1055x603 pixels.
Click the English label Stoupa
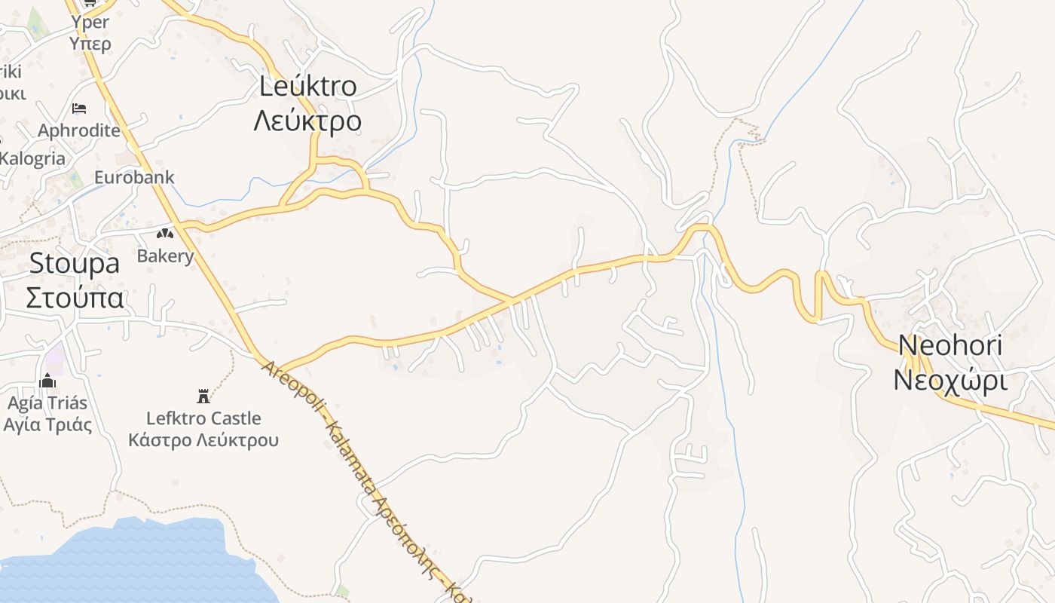click(x=74, y=263)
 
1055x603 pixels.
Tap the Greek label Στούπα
click(x=74, y=298)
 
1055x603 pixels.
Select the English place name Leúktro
click(x=307, y=87)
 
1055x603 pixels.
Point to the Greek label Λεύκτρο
click(x=307, y=121)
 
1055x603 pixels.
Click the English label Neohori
click(x=950, y=346)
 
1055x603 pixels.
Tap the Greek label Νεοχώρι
click(x=949, y=381)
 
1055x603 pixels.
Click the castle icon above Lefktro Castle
click(x=203, y=396)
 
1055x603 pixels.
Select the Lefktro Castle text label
click(x=203, y=418)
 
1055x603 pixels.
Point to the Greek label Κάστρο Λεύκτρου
click(x=203, y=440)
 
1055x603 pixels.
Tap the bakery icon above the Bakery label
click(x=165, y=233)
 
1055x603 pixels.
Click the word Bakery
click(x=165, y=256)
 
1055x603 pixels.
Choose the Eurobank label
click(x=134, y=178)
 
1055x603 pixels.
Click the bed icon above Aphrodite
click(x=79, y=109)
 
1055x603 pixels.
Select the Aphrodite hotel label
click(x=79, y=130)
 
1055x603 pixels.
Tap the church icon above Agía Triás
click(x=47, y=381)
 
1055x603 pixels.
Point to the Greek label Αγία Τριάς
click(x=47, y=424)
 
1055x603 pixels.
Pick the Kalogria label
click(x=32, y=159)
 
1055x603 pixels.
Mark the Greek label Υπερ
click(x=90, y=44)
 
